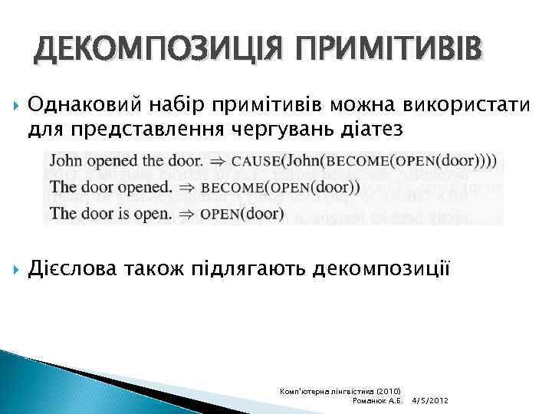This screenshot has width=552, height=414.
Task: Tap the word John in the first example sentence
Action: pyautogui.click(x=66, y=161)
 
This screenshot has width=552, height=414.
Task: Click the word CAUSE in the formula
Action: pyautogui.click(x=255, y=162)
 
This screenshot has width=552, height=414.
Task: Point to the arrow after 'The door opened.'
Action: pyautogui.click(x=186, y=188)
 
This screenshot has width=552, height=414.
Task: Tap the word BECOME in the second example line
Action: pyautogui.click(x=231, y=188)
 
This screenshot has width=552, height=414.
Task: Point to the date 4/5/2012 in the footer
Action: pyautogui.click(x=430, y=401)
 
